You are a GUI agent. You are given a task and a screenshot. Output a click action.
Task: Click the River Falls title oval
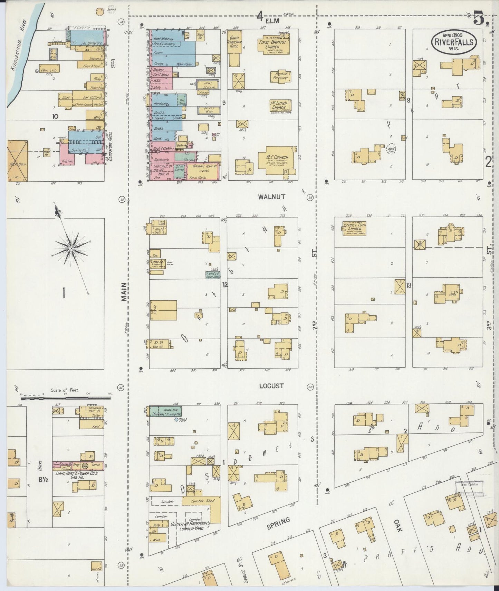tap(454, 41)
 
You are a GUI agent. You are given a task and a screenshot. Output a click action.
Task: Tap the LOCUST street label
tap(271, 386)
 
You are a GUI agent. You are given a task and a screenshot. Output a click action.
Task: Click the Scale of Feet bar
tap(64, 398)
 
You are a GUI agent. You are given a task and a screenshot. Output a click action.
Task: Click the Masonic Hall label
tap(203, 167)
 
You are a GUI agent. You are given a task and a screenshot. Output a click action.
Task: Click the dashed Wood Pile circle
tap(391, 149)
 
